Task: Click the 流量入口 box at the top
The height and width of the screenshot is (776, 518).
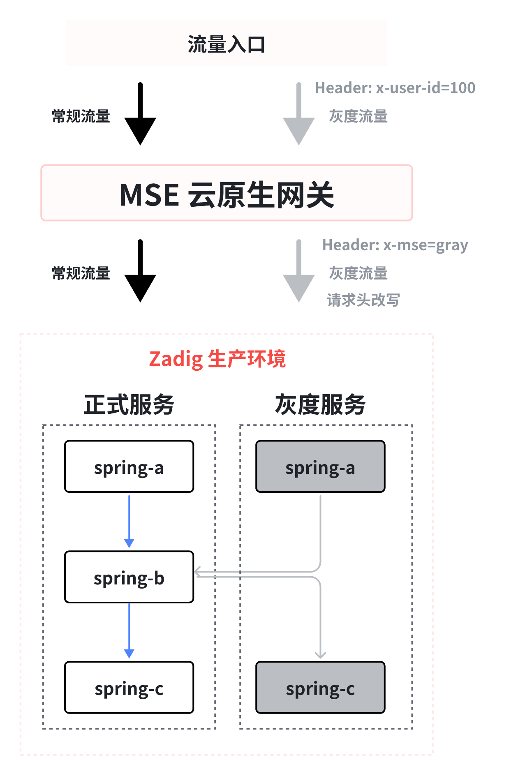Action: coord(227,43)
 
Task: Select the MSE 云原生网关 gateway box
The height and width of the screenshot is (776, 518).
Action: coord(227,193)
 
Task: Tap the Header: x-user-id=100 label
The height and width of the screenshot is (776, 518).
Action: coord(395,88)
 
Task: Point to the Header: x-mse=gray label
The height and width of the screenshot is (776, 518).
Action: coord(395,245)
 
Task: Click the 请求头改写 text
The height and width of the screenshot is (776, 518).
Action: coord(363,300)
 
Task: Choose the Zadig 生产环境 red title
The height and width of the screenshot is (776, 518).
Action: coord(217,359)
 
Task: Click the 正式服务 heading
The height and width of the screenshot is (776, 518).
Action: coord(129,404)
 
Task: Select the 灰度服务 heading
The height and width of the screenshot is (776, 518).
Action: coord(320,404)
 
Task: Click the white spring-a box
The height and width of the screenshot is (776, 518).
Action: coord(129,467)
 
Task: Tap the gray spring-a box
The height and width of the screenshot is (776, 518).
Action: coord(320,467)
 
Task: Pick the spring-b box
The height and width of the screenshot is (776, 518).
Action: coord(129,577)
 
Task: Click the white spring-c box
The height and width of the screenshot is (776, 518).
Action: coord(129,687)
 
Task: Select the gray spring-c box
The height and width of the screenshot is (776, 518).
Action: coord(320,687)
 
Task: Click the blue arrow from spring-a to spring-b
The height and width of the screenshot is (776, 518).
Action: coord(129,522)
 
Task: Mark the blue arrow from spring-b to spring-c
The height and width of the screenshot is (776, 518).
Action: coord(129,631)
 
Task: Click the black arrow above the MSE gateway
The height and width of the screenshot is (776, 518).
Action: coord(140,114)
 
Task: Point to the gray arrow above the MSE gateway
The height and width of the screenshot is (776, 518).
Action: coord(299,114)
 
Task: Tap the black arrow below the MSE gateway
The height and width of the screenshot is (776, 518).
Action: coord(140,271)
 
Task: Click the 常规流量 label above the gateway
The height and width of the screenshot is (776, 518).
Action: coord(81,116)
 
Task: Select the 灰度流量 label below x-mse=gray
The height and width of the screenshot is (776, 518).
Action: coord(358,273)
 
